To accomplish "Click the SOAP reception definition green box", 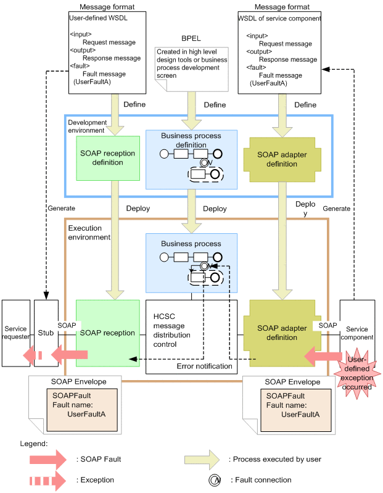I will tap(107, 157).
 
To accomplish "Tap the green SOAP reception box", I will tap(107, 333).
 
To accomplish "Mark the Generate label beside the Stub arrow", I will tap(60, 208).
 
